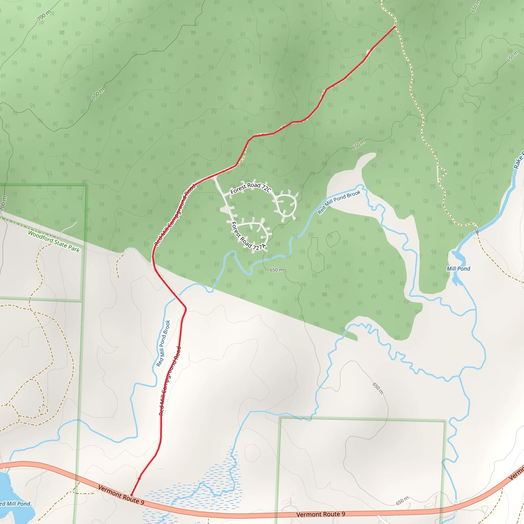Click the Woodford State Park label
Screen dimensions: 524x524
pyautogui.click(x=54, y=241)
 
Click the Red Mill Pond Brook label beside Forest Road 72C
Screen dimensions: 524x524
pyautogui.click(x=339, y=202)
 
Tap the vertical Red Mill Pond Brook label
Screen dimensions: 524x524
pyautogui.click(x=163, y=343)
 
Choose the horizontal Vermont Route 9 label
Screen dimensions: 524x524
pyautogui.click(x=321, y=514)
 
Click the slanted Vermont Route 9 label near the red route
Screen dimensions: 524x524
pyautogui.click(x=121, y=495)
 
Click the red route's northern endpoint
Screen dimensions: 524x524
pyautogui.click(x=395, y=26)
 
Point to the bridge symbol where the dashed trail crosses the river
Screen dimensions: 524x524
pyautogui.click(x=477, y=231)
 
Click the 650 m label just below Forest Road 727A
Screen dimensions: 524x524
pyautogui.click(x=277, y=270)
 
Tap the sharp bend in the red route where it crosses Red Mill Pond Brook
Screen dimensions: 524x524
pyautogui.click(x=185, y=308)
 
